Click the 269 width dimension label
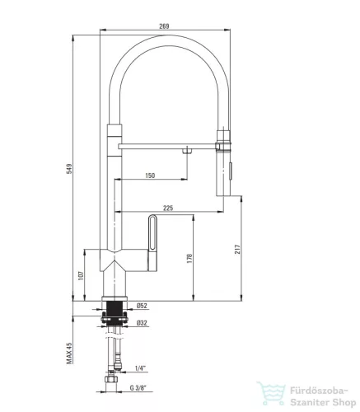click(164, 26)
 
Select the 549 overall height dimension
click(69, 168)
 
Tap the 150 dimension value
click(150, 176)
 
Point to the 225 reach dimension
click(168, 208)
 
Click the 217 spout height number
click(238, 249)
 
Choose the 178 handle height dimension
click(189, 259)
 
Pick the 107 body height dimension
click(81, 276)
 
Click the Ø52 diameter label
click(142, 306)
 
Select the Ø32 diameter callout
click(142, 323)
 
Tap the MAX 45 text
click(69, 353)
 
